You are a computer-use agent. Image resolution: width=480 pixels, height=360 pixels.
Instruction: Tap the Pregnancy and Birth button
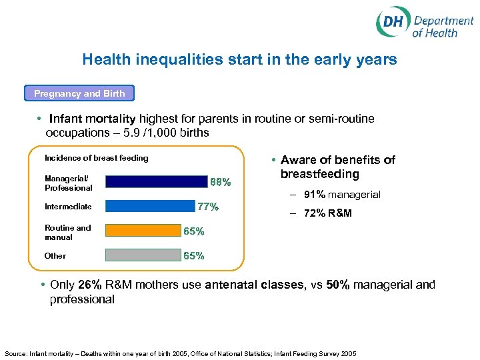click(79, 93)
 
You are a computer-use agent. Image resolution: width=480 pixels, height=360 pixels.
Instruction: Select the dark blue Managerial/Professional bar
click(157, 181)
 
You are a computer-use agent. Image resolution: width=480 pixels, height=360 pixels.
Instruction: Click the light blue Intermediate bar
click(149, 207)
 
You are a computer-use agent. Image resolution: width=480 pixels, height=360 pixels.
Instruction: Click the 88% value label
click(221, 181)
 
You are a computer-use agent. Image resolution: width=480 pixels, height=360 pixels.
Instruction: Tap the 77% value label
click(207, 207)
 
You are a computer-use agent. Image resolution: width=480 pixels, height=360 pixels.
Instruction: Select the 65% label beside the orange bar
click(194, 232)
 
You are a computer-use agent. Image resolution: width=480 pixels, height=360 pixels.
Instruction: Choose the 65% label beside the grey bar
click(194, 256)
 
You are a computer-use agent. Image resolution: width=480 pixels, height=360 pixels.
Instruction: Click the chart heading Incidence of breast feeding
click(96, 158)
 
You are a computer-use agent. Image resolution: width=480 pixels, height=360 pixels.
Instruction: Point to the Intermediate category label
click(68, 207)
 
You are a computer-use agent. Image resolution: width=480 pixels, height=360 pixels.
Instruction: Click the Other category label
click(55, 256)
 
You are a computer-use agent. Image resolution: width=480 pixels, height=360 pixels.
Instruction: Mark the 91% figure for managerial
click(315, 195)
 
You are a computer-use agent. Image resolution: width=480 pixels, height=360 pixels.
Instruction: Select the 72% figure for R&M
click(315, 213)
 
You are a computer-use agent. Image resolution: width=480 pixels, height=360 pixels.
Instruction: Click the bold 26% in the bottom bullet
click(90, 285)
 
